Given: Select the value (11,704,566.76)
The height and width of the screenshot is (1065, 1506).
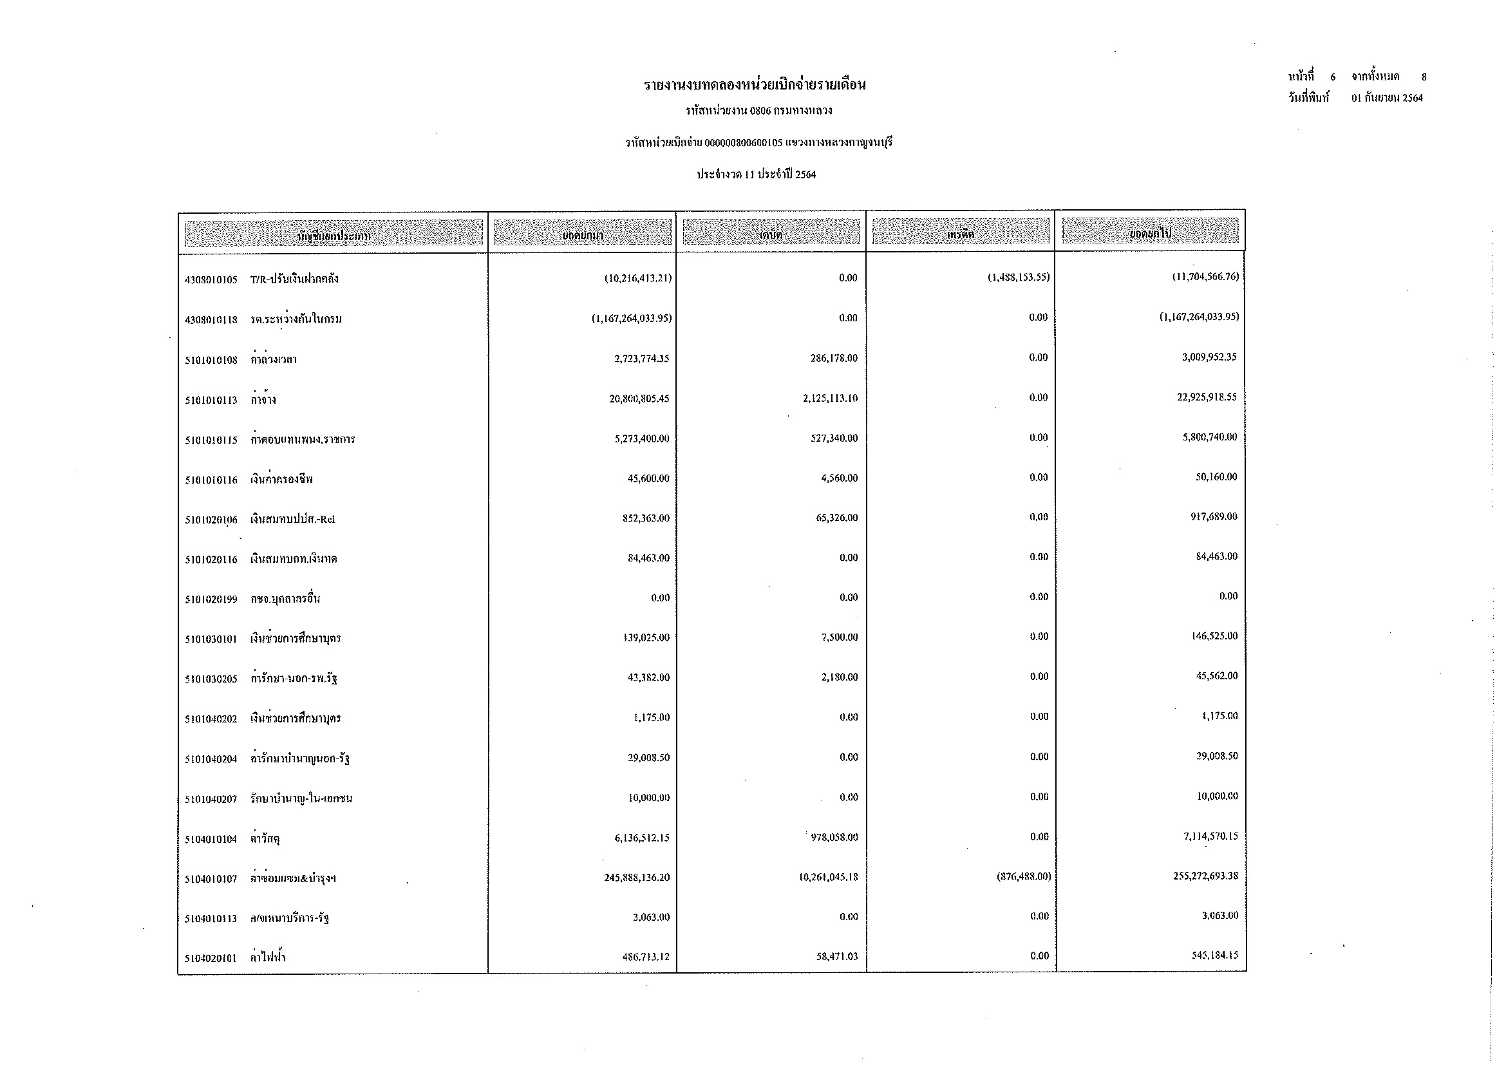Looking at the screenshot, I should [1205, 277].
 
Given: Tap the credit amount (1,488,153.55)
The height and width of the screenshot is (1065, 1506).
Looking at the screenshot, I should [1019, 278].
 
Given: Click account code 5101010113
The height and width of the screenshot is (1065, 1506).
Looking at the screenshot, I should [211, 400].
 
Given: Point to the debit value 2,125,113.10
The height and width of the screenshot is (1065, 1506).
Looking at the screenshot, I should [829, 399].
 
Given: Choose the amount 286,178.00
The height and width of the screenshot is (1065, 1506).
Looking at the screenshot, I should [834, 359].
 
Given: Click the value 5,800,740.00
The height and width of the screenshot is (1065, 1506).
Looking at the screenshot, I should [1210, 437].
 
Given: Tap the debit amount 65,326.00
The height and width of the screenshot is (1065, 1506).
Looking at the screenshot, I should [836, 518].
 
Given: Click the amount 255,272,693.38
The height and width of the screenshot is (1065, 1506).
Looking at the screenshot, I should [1205, 876].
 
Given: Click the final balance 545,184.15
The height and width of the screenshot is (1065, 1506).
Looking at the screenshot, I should [1215, 956].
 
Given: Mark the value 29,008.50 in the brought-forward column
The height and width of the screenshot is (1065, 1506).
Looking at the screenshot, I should [648, 758].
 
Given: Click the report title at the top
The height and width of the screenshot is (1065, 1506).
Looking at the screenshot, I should [755, 85].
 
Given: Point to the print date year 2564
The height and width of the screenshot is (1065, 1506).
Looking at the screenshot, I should [1411, 99].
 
